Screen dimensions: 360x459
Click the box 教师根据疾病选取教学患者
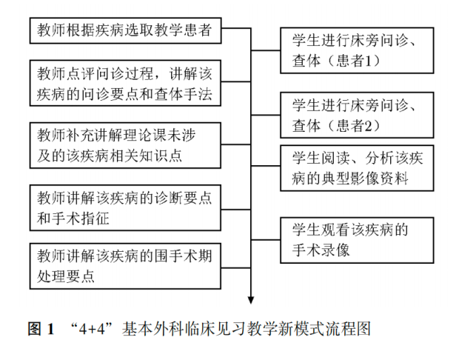(x=126, y=30)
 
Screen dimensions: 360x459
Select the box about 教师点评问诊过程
(x=126, y=84)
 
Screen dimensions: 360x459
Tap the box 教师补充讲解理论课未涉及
(x=126, y=145)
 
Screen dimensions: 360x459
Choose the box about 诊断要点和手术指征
(x=126, y=209)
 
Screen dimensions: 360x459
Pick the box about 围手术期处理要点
(x=126, y=266)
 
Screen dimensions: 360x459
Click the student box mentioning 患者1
(x=357, y=50)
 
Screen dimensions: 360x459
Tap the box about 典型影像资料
(x=357, y=168)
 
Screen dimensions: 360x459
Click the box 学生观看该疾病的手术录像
(x=357, y=240)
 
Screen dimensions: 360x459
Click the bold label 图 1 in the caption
(x=41, y=329)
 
